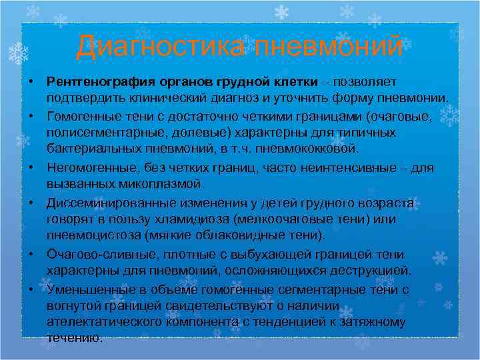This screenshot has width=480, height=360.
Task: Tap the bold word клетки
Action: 296,81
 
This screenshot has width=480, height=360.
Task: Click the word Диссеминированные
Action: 109,203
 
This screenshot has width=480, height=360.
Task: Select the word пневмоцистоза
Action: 88,235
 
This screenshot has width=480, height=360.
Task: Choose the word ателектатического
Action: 103,322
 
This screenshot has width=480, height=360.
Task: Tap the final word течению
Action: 75,337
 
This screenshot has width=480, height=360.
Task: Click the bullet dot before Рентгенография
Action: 31,81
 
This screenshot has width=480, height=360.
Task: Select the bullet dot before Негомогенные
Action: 31,168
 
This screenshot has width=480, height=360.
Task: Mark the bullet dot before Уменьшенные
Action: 31,290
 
